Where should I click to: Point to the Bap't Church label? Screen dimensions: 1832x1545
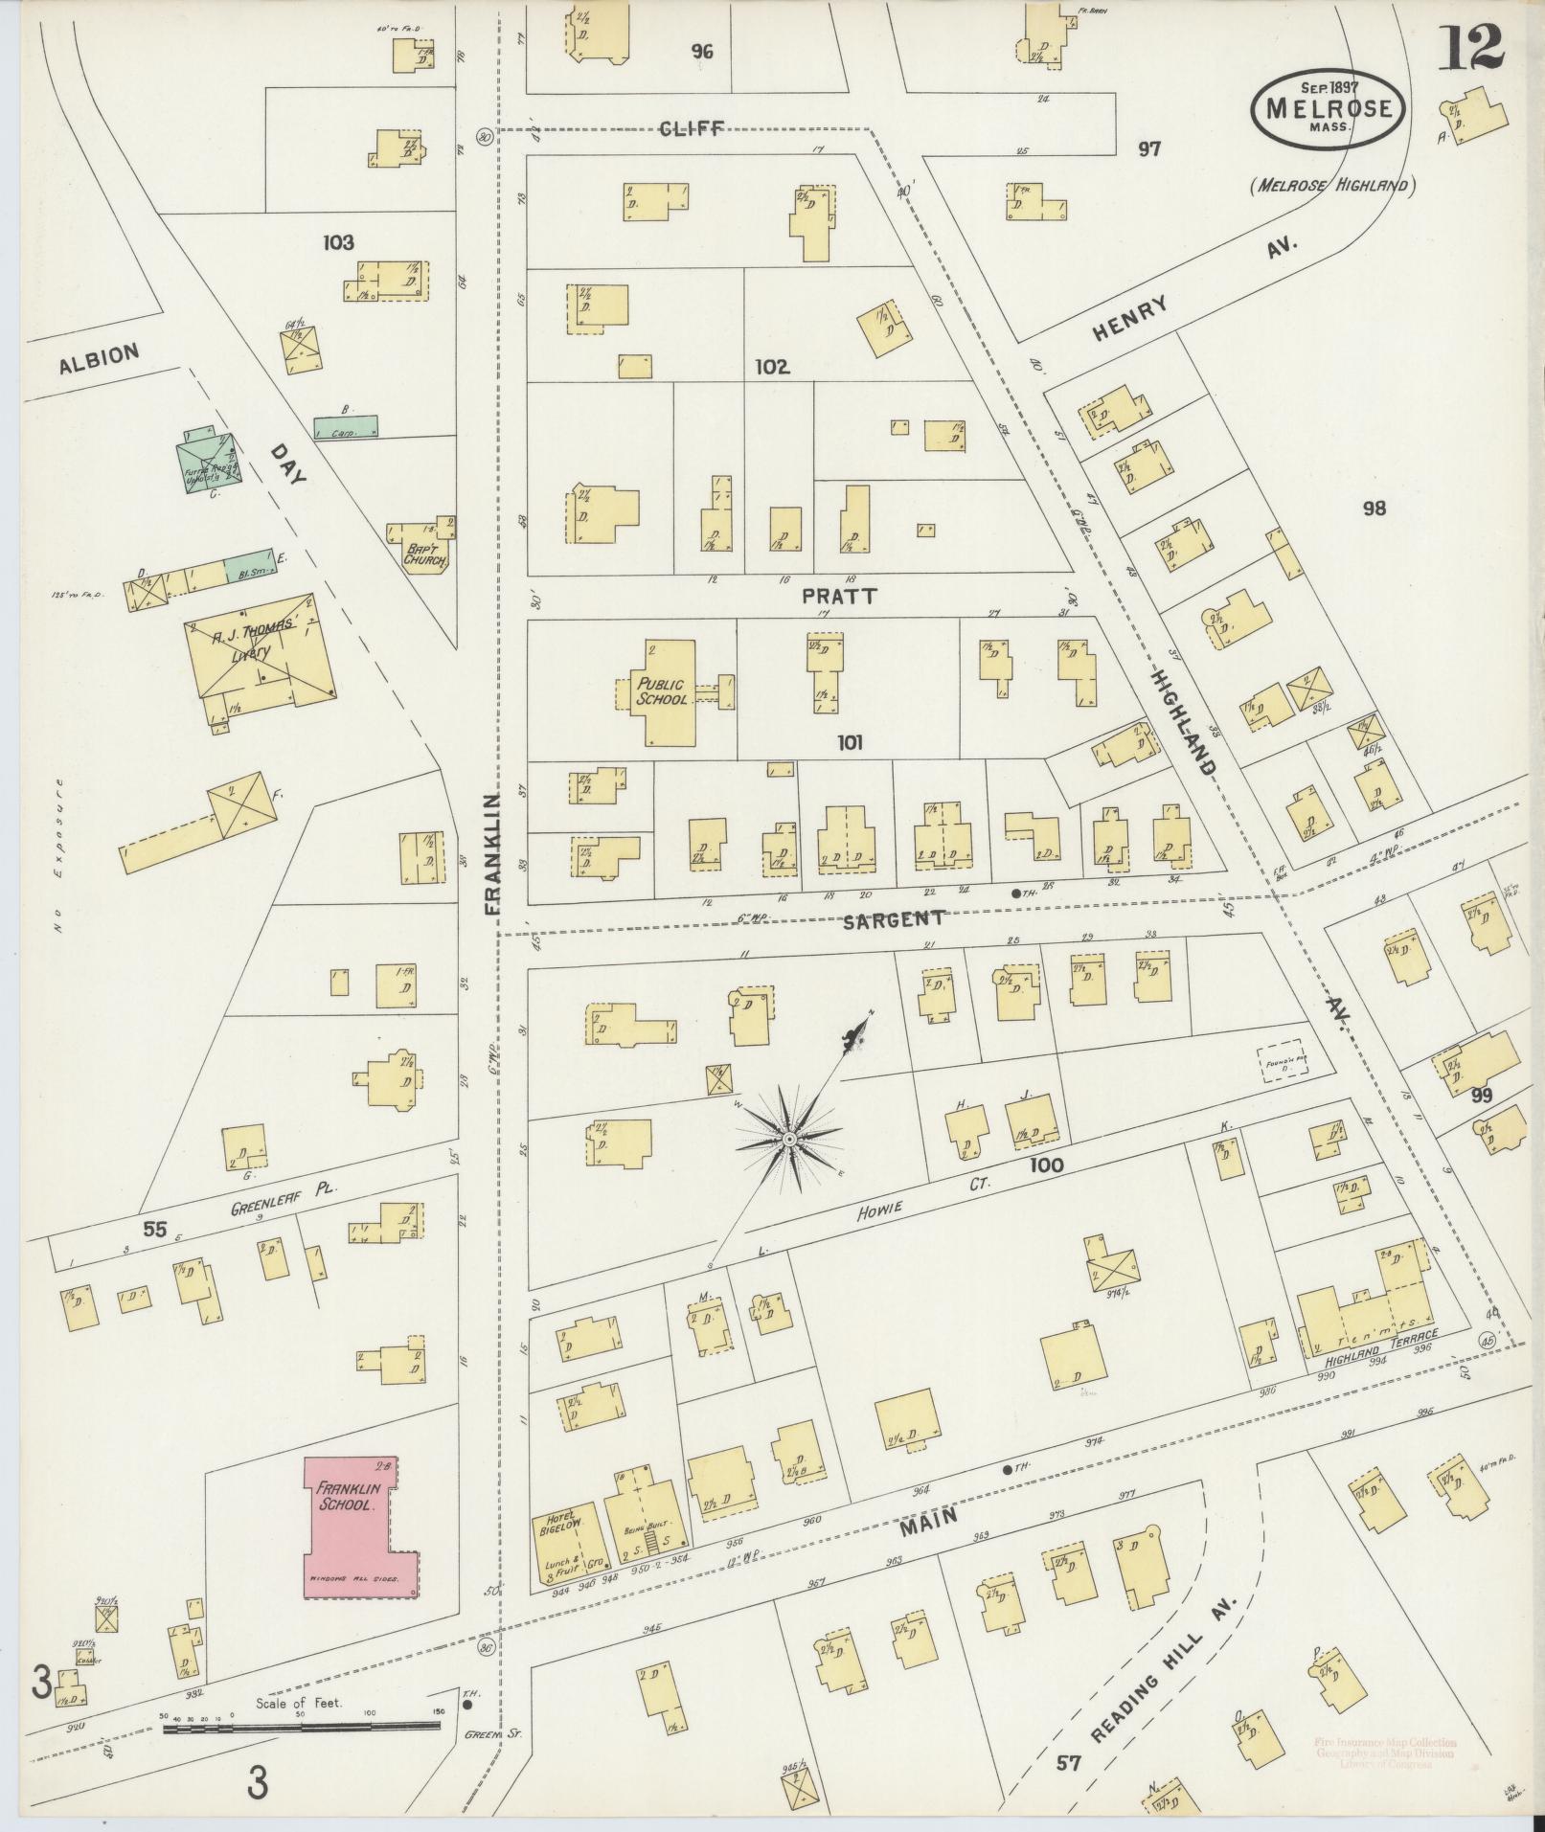coord(424,554)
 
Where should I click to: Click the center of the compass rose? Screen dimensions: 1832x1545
coord(788,1138)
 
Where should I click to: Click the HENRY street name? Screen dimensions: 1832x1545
coord(1131,318)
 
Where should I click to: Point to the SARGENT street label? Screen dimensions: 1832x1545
coord(894,918)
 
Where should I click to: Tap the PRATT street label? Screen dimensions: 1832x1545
coord(839,596)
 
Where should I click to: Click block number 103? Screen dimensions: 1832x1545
coord(338,242)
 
